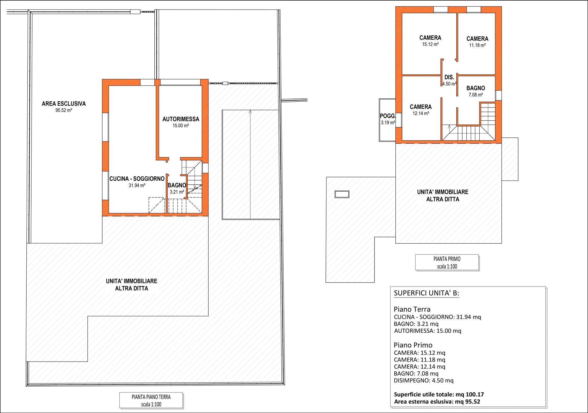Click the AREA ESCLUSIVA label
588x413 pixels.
[64, 104]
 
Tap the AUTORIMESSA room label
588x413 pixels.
[181, 119]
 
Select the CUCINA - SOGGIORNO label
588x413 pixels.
[137, 179]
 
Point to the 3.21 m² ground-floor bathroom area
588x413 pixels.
[177, 192]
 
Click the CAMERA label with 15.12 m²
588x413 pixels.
[430, 38]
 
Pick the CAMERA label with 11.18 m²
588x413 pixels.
[477, 39]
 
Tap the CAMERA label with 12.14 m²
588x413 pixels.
[421, 107]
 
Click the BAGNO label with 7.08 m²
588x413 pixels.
[476, 88]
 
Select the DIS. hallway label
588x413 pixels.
[449, 77]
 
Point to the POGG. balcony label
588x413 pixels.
[388, 116]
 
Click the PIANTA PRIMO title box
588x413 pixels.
[447, 262]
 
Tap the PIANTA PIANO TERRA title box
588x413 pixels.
[151, 400]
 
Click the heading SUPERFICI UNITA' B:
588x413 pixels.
[426, 293]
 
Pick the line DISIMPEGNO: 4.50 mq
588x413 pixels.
[424, 381]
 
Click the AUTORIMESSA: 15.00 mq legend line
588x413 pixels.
[428, 331]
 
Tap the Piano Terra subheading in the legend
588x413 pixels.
[412, 309]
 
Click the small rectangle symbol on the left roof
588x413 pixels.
[342, 194]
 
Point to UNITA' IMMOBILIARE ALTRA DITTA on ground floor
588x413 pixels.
[132, 285]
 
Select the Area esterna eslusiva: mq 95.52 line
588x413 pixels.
[437, 402]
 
